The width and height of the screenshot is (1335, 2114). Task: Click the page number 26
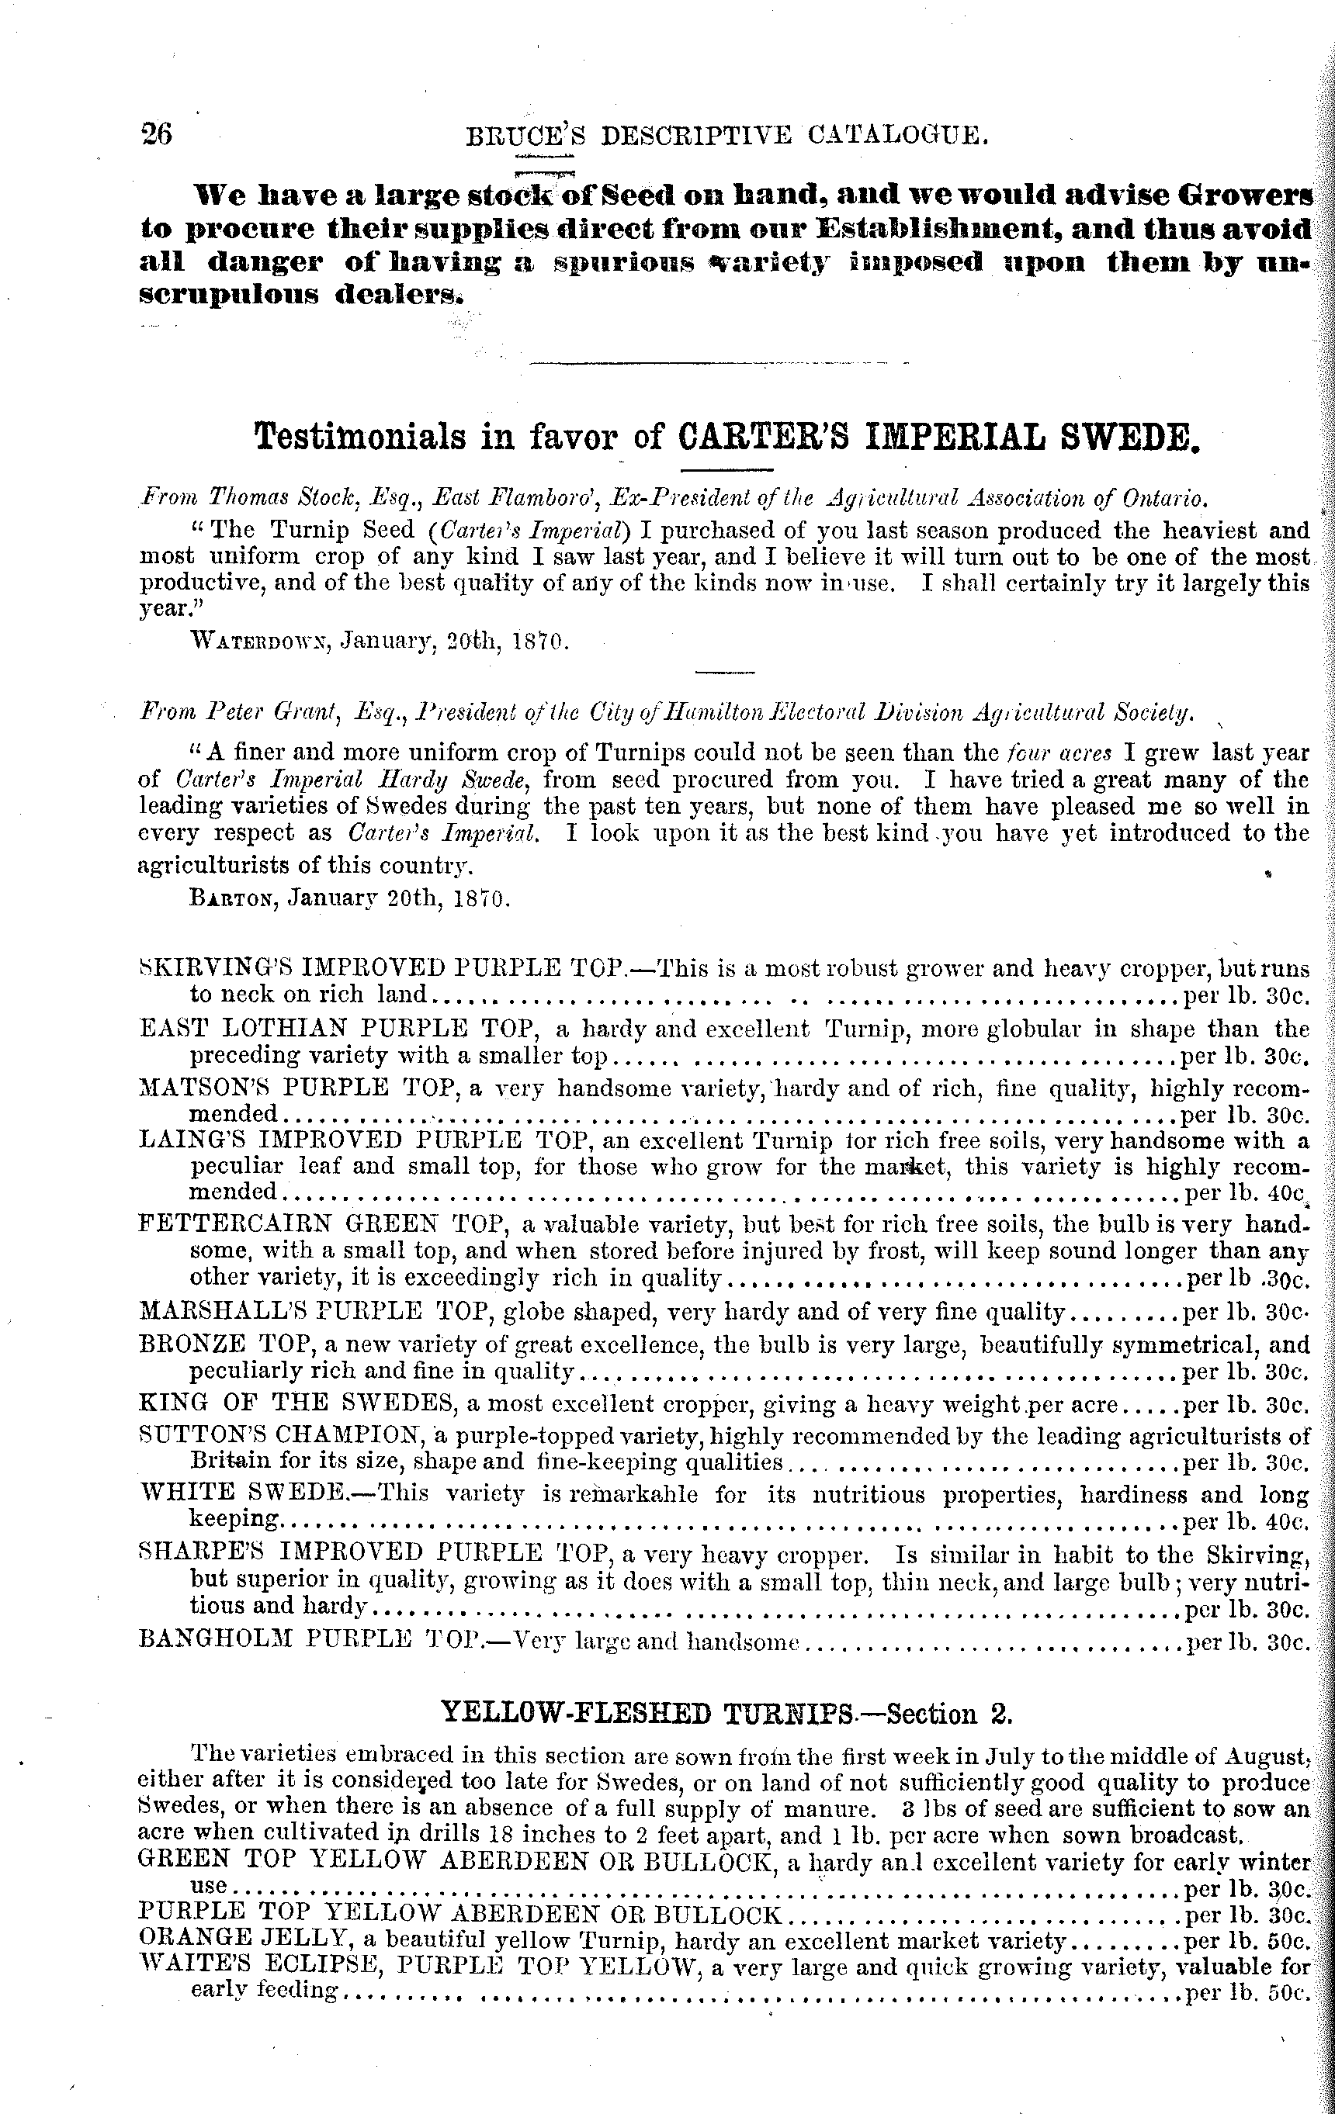[156, 134]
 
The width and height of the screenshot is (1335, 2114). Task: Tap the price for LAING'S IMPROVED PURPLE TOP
[1246, 1193]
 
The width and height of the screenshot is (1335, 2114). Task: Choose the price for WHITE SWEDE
[1247, 1520]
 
